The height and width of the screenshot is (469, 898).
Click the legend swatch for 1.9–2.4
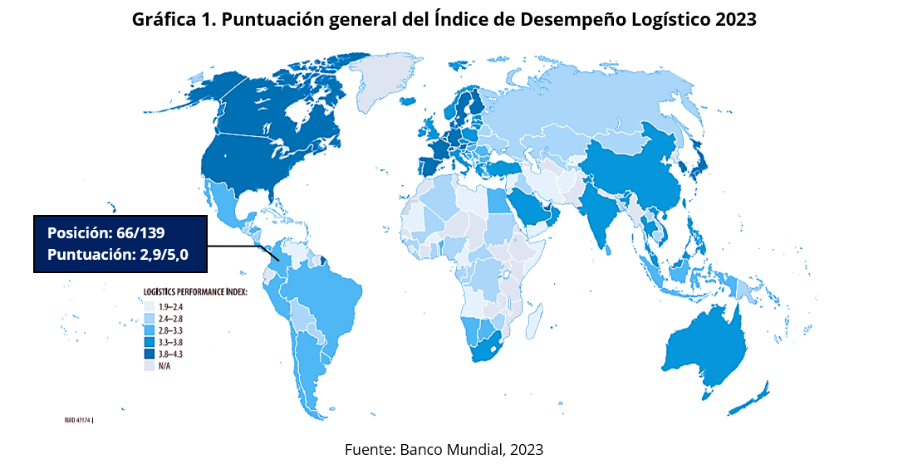(x=150, y=306)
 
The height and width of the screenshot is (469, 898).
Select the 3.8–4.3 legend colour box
(x=150, y=354)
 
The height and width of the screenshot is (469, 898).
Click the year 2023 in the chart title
(x=735, y=20)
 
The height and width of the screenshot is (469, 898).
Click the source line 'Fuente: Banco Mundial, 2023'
(x=444, y=449)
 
